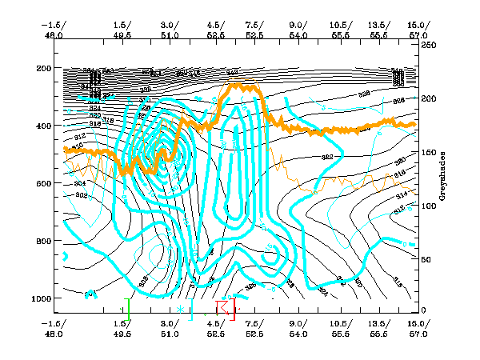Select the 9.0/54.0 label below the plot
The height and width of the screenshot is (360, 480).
(x=298, y=328)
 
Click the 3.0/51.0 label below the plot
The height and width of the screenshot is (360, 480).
(x=169, y=328)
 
